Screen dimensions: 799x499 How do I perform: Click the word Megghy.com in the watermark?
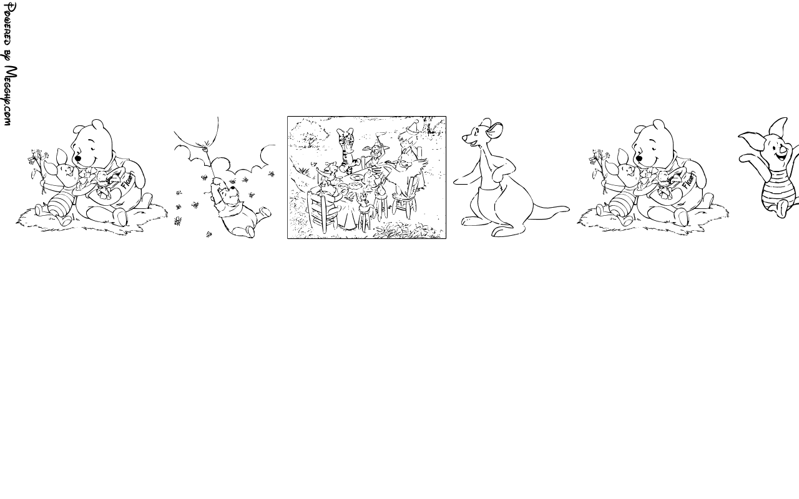point(10,96)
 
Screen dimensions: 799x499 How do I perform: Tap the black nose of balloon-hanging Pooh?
point(233,188)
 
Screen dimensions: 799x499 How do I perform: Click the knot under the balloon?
point(206,143)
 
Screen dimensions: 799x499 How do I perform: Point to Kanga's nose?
point(464,137)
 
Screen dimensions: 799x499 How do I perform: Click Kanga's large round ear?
point(495,130)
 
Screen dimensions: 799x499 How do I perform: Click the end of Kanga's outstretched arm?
point(456,182)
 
